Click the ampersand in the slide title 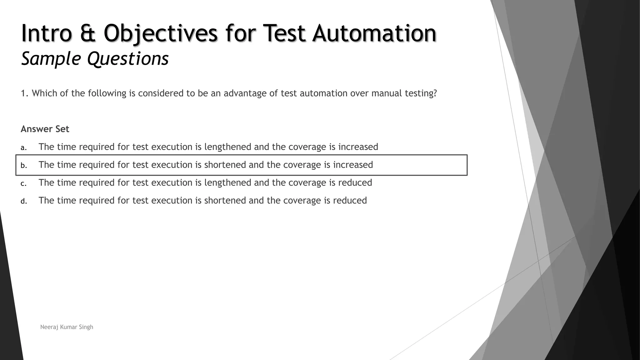coord(88,33)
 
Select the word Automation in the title coord(374,33)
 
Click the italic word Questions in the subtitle coord(128,58)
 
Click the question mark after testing coord(435,93)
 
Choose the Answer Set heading coord(45,129)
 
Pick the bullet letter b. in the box coord(24,165)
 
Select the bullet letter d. coord(24,201)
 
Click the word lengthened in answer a coord(228,147)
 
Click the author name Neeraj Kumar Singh coord(67,327)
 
